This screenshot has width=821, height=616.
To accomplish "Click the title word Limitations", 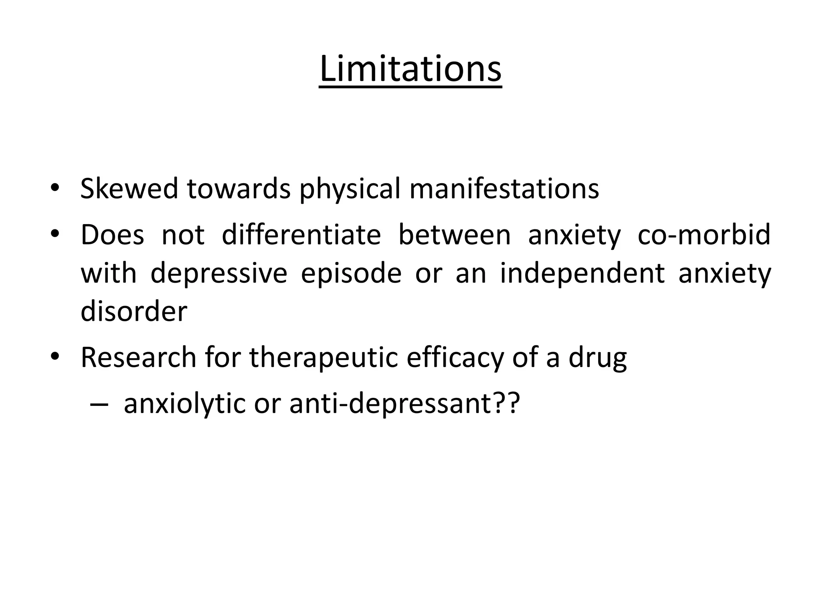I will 410,69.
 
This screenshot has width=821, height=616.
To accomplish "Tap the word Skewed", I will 129,188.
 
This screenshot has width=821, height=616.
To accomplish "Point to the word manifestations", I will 504,188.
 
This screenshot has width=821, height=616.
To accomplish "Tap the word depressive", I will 219,274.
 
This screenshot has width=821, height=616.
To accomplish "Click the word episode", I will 351,274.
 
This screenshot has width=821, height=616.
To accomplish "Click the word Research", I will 138,357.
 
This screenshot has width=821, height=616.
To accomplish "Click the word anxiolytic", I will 184,404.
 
